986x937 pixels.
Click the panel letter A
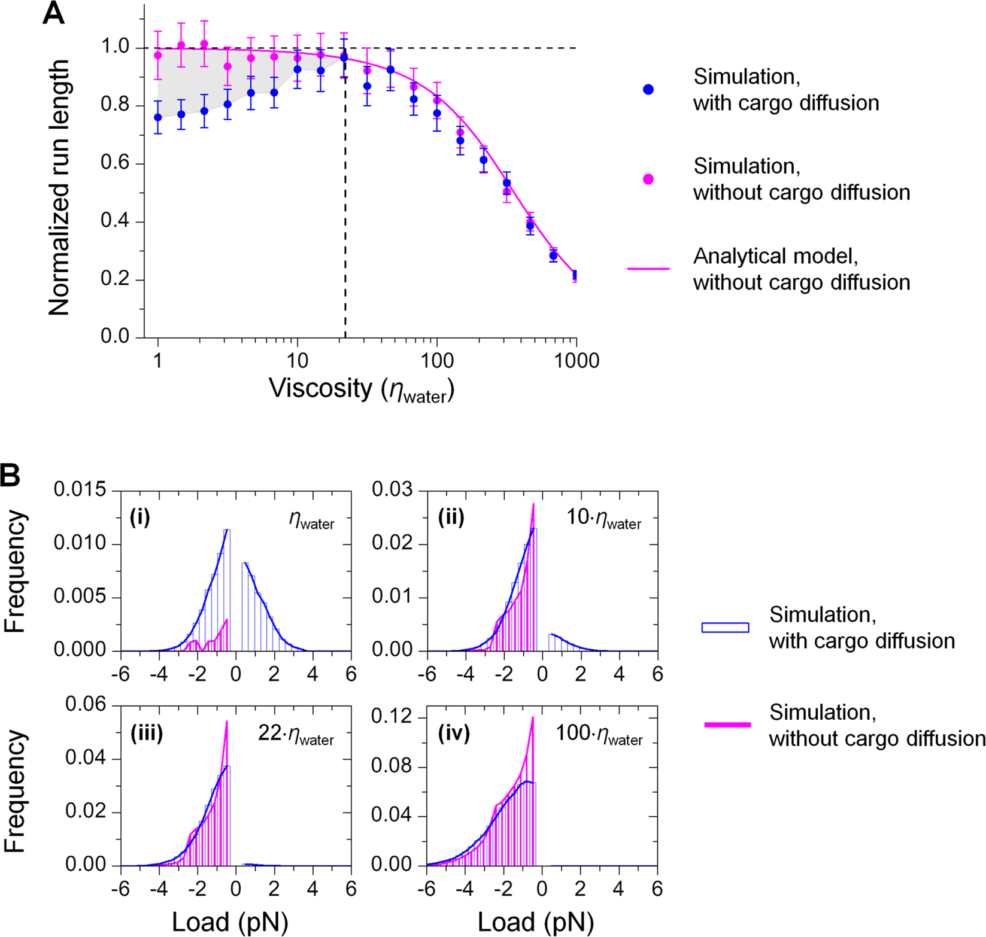click(x=53, y=13)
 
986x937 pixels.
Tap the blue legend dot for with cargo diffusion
click(x=648, y=90)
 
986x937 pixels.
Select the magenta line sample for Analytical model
click(x=648, y=269)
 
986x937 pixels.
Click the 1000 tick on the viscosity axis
click(x=576, y=361)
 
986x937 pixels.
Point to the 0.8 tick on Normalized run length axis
click(x=115, y=105)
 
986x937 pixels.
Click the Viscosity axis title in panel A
click(x=362, y=390)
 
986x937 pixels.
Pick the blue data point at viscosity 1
click(x=158, y=117)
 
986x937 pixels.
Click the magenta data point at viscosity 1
click(x=158, y=56)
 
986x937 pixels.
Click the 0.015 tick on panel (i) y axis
click(x=80, y=491)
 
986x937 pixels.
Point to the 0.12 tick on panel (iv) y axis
click(x=390, y=717)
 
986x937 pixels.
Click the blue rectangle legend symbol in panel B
click(x=725, y=628)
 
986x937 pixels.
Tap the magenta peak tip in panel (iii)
click(x=227, y=722)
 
